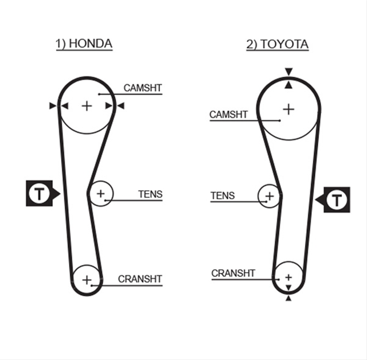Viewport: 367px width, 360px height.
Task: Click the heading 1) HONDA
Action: pos(84,44)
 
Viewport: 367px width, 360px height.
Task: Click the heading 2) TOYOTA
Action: pos(278,44)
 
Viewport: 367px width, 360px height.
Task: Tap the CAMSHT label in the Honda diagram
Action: pos(143,88)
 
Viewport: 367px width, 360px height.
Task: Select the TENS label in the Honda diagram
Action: pos(150,194)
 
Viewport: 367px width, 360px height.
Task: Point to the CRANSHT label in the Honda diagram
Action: pos(140,279)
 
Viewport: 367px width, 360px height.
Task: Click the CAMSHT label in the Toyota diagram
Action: pos(228,115)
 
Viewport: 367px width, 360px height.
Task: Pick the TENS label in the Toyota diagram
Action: pos(222,195)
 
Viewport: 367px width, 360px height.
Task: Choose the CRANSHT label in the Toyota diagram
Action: pos(233,273)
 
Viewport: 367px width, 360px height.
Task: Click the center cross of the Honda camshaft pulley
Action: pos(87,106)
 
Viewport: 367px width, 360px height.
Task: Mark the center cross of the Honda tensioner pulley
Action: pos(101,193)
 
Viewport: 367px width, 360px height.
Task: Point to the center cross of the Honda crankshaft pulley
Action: pos(87,280)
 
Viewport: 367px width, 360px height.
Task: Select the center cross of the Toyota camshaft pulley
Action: pos(288,109)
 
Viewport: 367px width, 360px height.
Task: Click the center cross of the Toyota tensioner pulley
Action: pos(270,196)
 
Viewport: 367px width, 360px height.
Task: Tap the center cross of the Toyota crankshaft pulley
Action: pos(288,277)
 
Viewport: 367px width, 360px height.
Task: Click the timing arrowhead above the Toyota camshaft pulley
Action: pos(289,71)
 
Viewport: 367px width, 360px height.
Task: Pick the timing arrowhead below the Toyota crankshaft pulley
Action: pos(288,298)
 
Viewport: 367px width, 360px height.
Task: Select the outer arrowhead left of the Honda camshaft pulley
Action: pos(53,105)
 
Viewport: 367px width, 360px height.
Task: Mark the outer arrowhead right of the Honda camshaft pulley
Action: pos(121,105)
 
